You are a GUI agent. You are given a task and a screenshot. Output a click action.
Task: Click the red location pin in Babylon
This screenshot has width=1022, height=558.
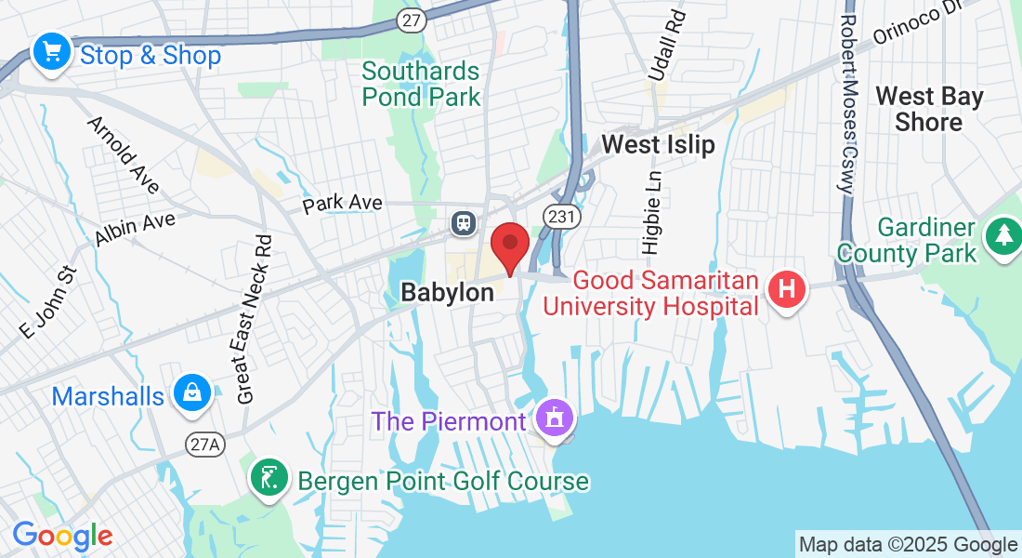click(509, 246)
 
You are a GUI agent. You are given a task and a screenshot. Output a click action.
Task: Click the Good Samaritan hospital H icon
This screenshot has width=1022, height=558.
click(786, 290)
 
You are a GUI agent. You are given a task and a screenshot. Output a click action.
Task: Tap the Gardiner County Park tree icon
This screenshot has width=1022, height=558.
click(1003, 237)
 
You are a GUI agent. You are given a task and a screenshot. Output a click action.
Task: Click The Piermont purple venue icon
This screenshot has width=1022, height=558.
click(555, 419)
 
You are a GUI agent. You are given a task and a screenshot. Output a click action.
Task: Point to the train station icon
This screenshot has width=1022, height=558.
click(463, 222)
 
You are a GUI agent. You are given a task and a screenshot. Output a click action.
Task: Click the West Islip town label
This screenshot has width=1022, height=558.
click(658, 144)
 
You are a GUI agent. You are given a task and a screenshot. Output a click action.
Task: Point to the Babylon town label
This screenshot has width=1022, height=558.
click(447, 292)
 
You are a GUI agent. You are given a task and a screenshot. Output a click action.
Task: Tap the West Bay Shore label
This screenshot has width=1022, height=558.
click(929, 109)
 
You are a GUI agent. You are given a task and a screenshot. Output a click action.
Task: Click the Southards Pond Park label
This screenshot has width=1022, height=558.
click(421, 84)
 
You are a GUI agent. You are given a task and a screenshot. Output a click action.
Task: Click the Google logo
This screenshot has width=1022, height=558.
click(62, 536)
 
